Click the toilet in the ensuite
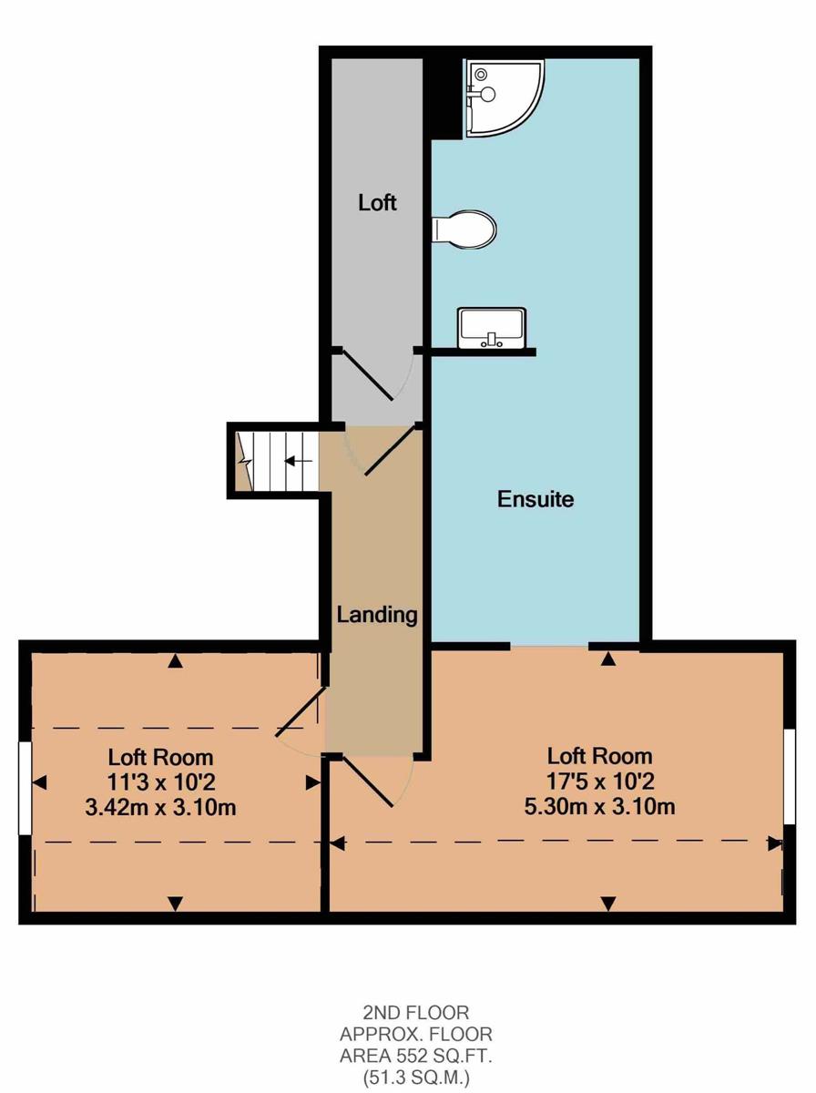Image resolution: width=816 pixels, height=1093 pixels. pyautogui.click(x=464, y=230)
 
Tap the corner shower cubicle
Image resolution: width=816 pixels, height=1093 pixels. pyautogui.click(x=504, y=97)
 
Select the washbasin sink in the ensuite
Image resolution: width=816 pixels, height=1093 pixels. pyautogui.click(x=492, y=328)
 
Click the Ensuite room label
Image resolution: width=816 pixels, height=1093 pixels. pyautogui.click(x=535, y=499)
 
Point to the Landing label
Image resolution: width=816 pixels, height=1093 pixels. pyautogui.click(x=377, y=616)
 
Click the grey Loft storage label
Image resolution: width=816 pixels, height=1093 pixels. pyautogui.click(x=377, y=203)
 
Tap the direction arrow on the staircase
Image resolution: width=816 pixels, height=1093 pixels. pyautogui.click(x=298, y=461)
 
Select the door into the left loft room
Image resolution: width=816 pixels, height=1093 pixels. pyautogui.click(x=301, y=710)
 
